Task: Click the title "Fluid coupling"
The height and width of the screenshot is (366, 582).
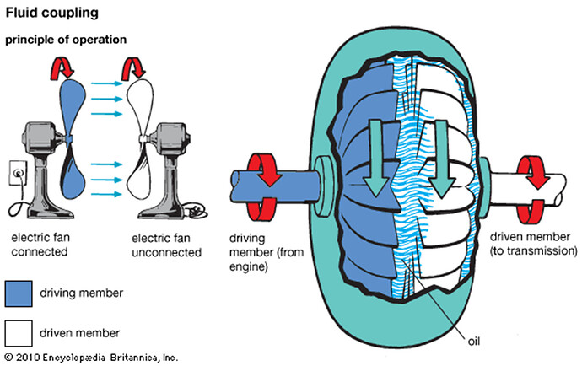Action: click(52, 13)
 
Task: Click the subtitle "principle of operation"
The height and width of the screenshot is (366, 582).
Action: click(66, 40)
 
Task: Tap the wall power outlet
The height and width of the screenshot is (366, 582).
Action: click(18, 173)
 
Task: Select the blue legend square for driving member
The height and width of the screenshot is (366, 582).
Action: click(19, 293)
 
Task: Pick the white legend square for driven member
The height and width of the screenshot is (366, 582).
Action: click(19, 333)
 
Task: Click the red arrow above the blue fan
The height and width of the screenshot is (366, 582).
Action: click(62, 67)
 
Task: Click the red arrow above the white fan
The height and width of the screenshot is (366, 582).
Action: click(133, 67)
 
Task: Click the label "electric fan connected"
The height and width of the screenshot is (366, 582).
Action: click(40, 245)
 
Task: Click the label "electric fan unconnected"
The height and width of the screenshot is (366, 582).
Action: click(166, 245)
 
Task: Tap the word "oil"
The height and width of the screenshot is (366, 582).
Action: click(474, 342)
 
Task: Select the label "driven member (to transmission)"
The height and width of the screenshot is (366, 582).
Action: click(533, 244)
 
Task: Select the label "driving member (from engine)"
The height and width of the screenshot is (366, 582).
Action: click(267, 252)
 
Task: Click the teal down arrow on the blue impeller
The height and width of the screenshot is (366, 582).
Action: click(376, 158)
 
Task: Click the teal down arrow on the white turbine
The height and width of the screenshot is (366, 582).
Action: click(442, 159)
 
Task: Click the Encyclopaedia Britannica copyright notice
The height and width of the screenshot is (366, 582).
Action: click(92, 358)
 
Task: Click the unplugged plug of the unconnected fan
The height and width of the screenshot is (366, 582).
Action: click(196, 212)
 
